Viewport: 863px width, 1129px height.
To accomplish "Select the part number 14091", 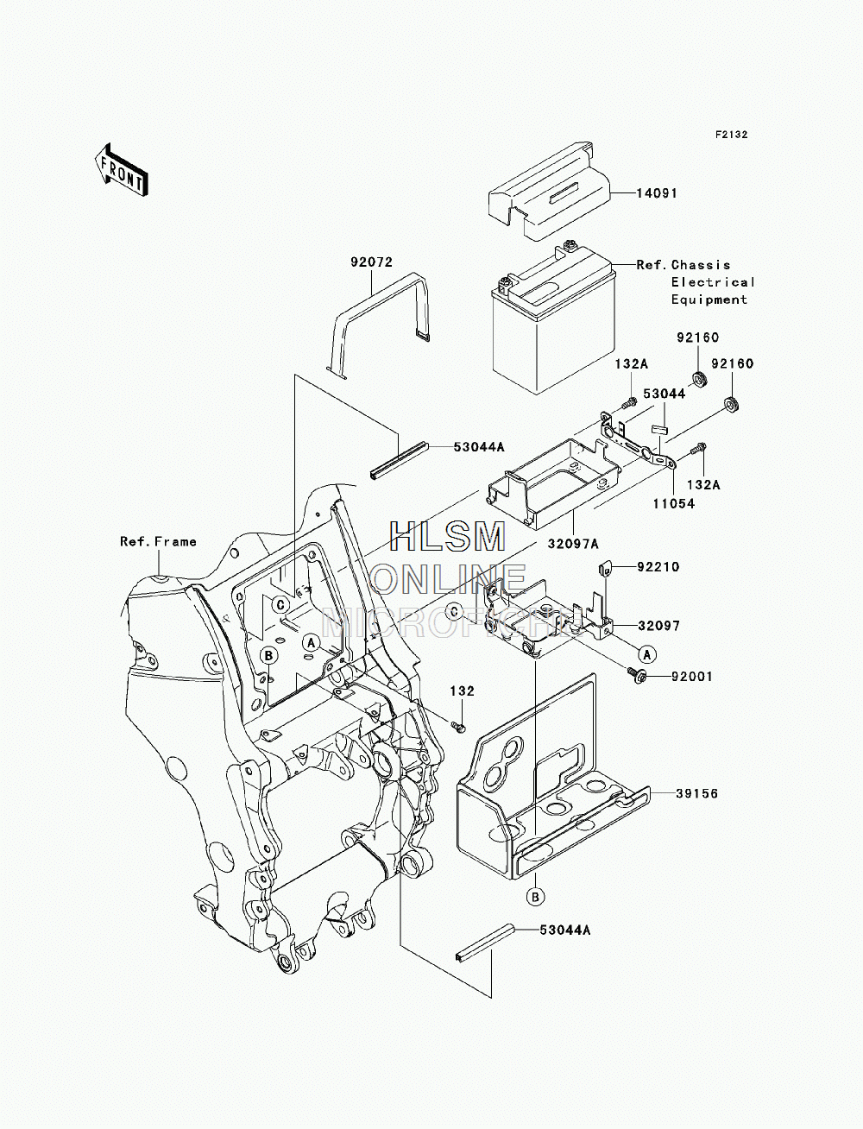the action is [x=658, y=193].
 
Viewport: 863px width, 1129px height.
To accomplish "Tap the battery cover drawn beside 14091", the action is [x=549, y=190].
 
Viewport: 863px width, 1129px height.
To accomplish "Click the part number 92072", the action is [x=371, y=262].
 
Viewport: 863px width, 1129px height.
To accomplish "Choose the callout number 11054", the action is [x=674, y=503].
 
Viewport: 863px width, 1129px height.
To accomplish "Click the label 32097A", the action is [x=573, y=544].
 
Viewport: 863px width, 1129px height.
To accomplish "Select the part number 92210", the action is [x=658, y=567].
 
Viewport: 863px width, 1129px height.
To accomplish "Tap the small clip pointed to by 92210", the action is [x=604, y=569].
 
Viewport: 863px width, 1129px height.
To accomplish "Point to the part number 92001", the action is [x=692, y=677].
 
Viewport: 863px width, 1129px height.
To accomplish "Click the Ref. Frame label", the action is [x=158, y=541].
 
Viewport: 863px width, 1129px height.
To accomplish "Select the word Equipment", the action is [x=709, y=300].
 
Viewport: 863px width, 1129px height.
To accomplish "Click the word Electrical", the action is [x=713, y=282].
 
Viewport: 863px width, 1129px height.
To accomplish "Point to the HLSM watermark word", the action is [x=447, y=537].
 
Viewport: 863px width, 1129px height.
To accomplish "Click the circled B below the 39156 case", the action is [x=535, y=897].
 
